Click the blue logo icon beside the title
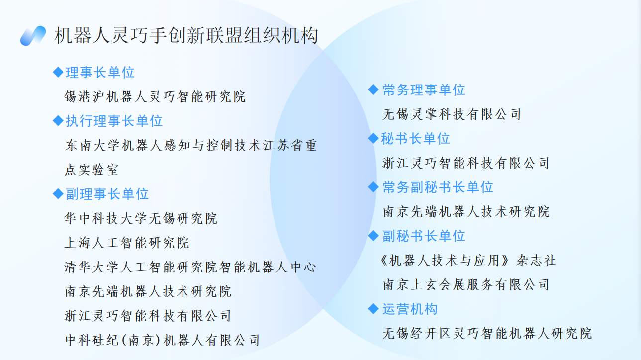33,36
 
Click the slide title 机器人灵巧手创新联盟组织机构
186,36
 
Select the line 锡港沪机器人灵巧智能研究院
155,97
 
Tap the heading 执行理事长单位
114,121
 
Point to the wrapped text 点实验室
92,170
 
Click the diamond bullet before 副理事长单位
58,194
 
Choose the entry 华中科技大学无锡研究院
141,218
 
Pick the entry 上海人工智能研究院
126,243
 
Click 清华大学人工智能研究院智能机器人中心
190,267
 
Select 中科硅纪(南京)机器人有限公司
162,340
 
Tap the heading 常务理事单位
424,90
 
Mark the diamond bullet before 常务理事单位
373,90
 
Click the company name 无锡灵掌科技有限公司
452,114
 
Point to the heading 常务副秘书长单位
438,187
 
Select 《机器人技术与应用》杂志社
467,260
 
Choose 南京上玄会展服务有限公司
466,284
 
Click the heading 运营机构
410,309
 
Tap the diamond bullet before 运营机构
373,308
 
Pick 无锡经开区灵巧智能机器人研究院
487,333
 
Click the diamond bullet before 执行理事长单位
58,120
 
